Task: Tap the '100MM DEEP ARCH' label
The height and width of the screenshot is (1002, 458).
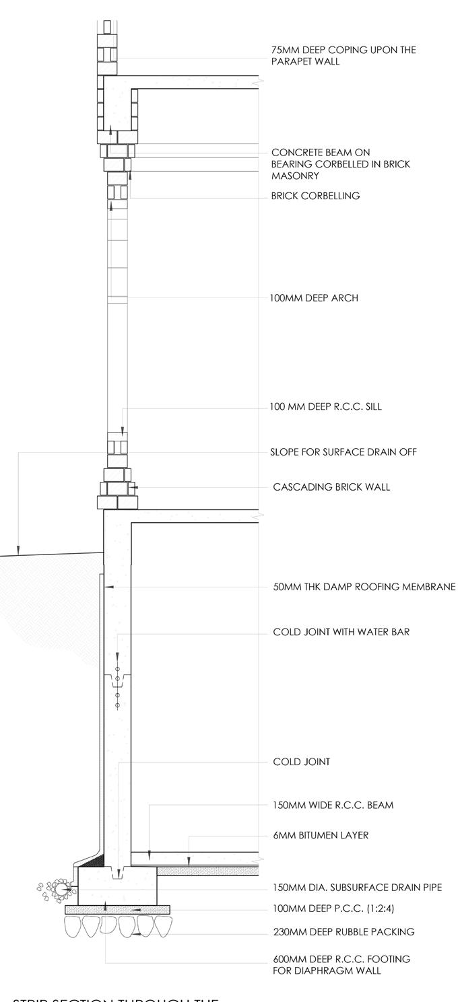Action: [x=314, y=298]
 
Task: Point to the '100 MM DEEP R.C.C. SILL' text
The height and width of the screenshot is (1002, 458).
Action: [x=326, y=407]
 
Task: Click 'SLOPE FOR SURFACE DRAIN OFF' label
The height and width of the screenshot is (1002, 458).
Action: [x=343, y=452]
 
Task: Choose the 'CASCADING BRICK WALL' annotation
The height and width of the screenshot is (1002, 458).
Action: [x=331, y=487]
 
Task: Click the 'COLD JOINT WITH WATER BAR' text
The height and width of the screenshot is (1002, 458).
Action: [x=341, y=633]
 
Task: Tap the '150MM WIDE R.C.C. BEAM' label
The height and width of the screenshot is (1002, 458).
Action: [x=333, y=805]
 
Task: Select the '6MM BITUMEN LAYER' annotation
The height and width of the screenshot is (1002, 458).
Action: [x=321, y=836]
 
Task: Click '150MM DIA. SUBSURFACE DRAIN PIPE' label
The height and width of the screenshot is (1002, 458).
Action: [x=358, y=888]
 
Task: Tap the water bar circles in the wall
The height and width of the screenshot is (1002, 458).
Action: [x=117, y=686]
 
